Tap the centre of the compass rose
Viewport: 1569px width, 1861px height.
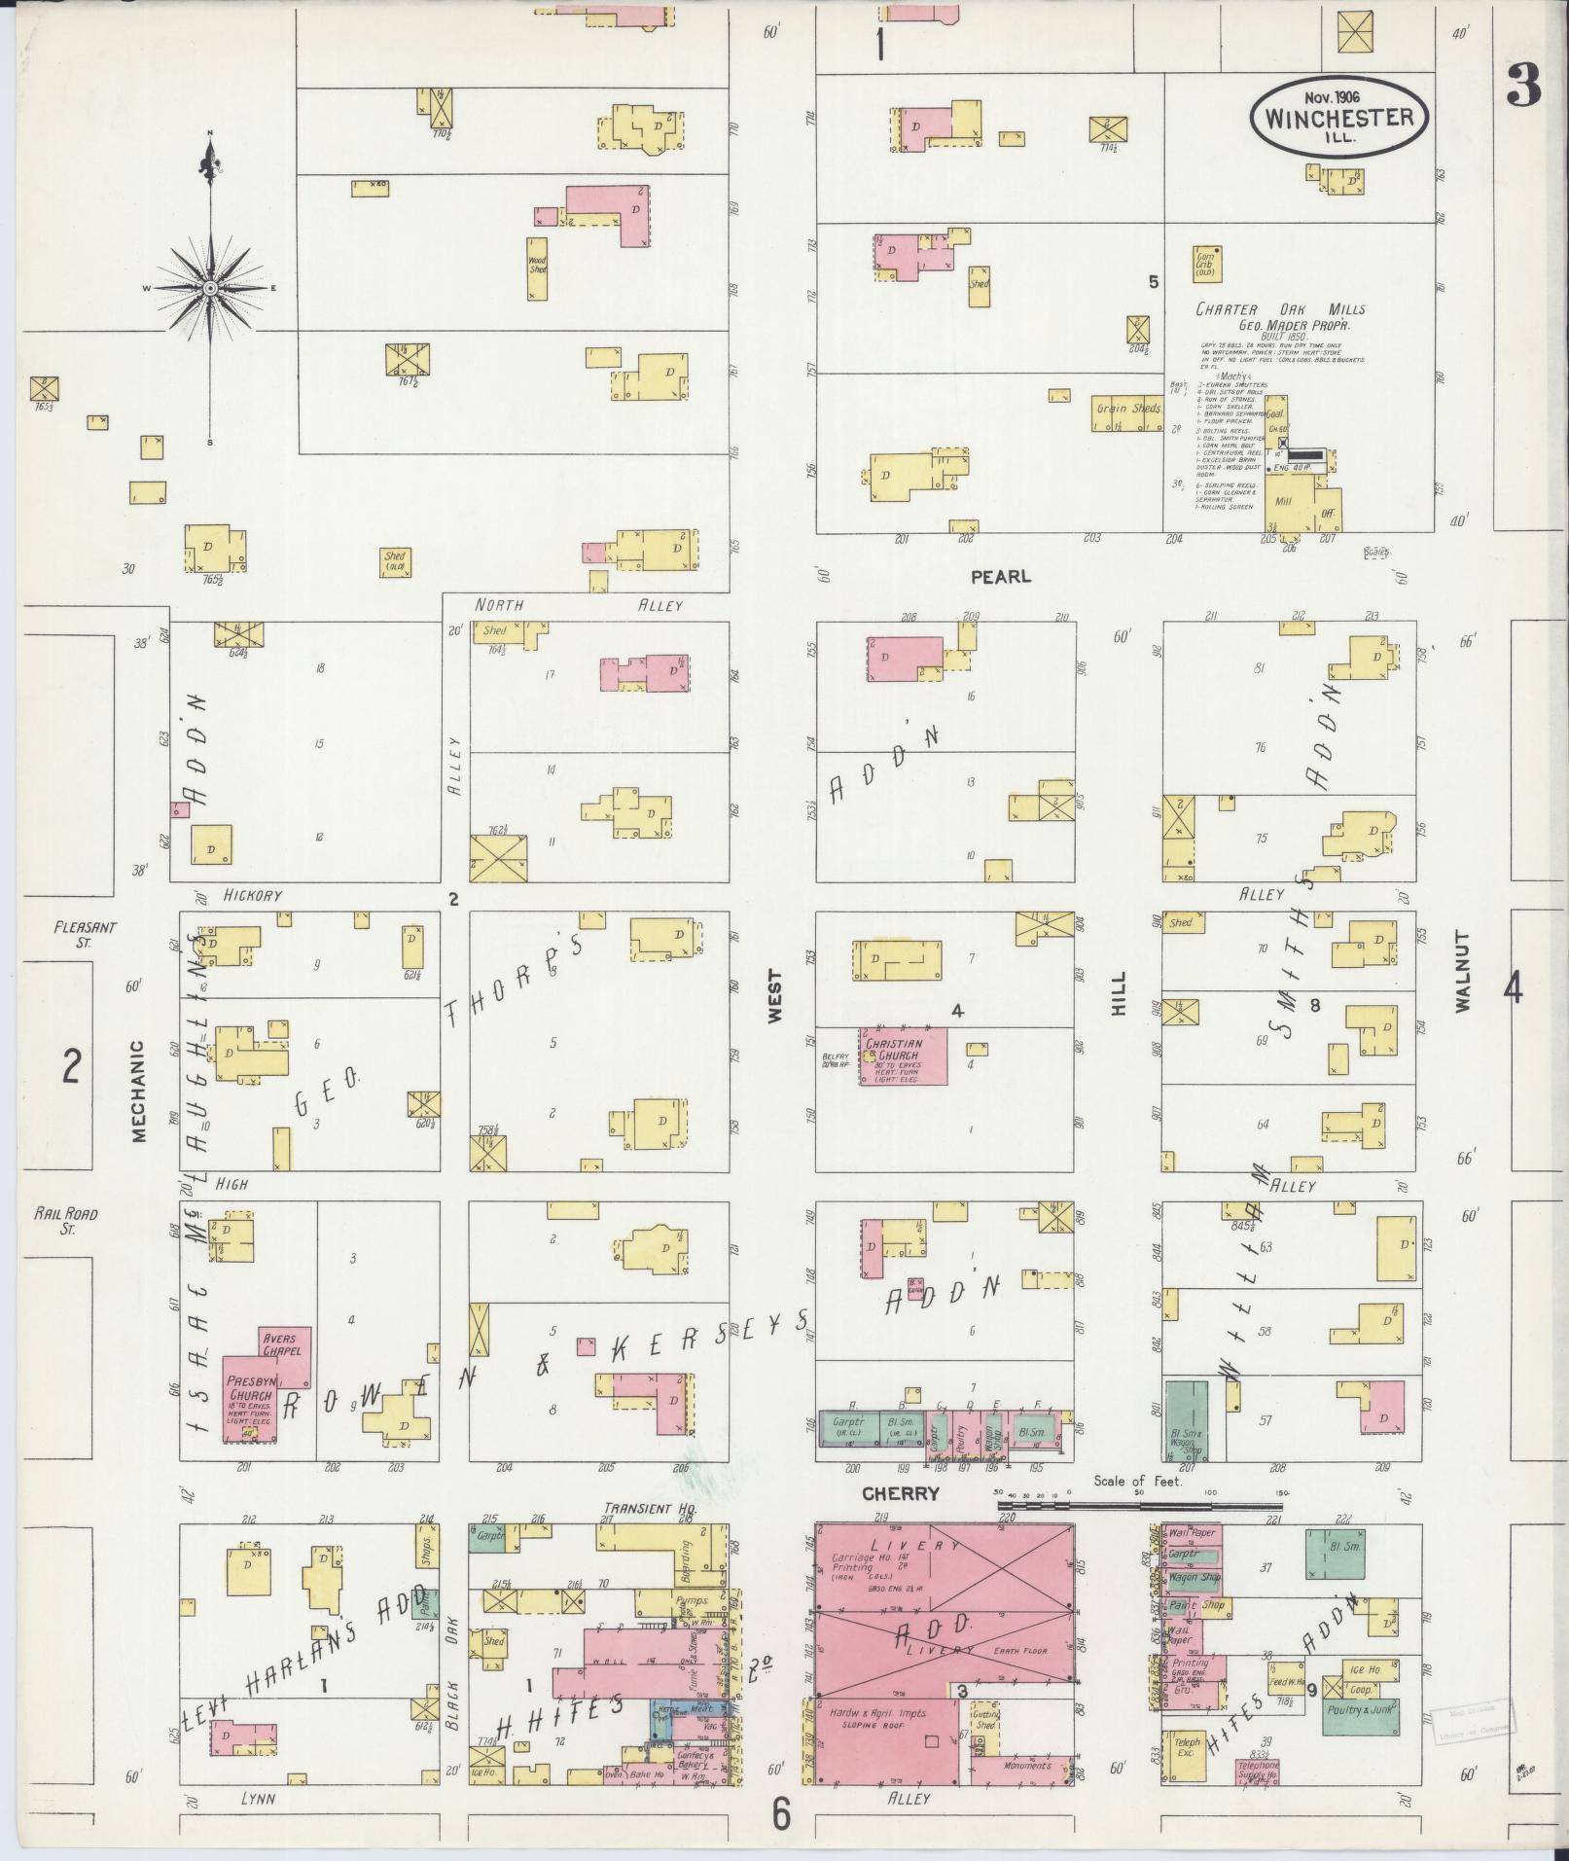click(x=210, y=289)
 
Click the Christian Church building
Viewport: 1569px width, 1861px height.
click(x=902, y=1056)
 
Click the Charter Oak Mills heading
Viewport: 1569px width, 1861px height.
click(x=1279, y=309)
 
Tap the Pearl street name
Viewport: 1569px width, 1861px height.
click(x=1000, y=576)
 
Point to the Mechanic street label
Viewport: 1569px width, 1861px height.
click(x=138, y=1090)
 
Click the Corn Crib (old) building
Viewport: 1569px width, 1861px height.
click(x=1206, y=263)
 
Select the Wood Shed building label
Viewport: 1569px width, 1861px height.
click(x=537, y=266)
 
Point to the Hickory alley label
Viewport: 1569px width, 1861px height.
click(x=251, y=895)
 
